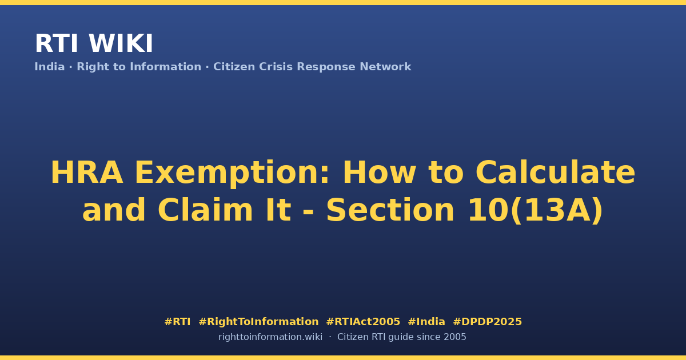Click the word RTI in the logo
[x=57, y=43]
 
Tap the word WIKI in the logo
[x=121, y=43]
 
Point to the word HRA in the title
[x=87, y=173]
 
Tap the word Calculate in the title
[x=555, y=173]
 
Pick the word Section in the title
[x=390, y=210]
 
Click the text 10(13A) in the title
[x=536, y=211]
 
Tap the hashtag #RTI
[x=177, y=322]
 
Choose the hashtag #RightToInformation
[x=258, y=322]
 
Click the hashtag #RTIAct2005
[x=363, y=322]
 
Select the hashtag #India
[x=426, y=322]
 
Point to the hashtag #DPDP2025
[x=487, y=322]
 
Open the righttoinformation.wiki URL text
[x=270, y=337]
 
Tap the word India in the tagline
[x=50, y=67]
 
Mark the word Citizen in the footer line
[x=353, y=337]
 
